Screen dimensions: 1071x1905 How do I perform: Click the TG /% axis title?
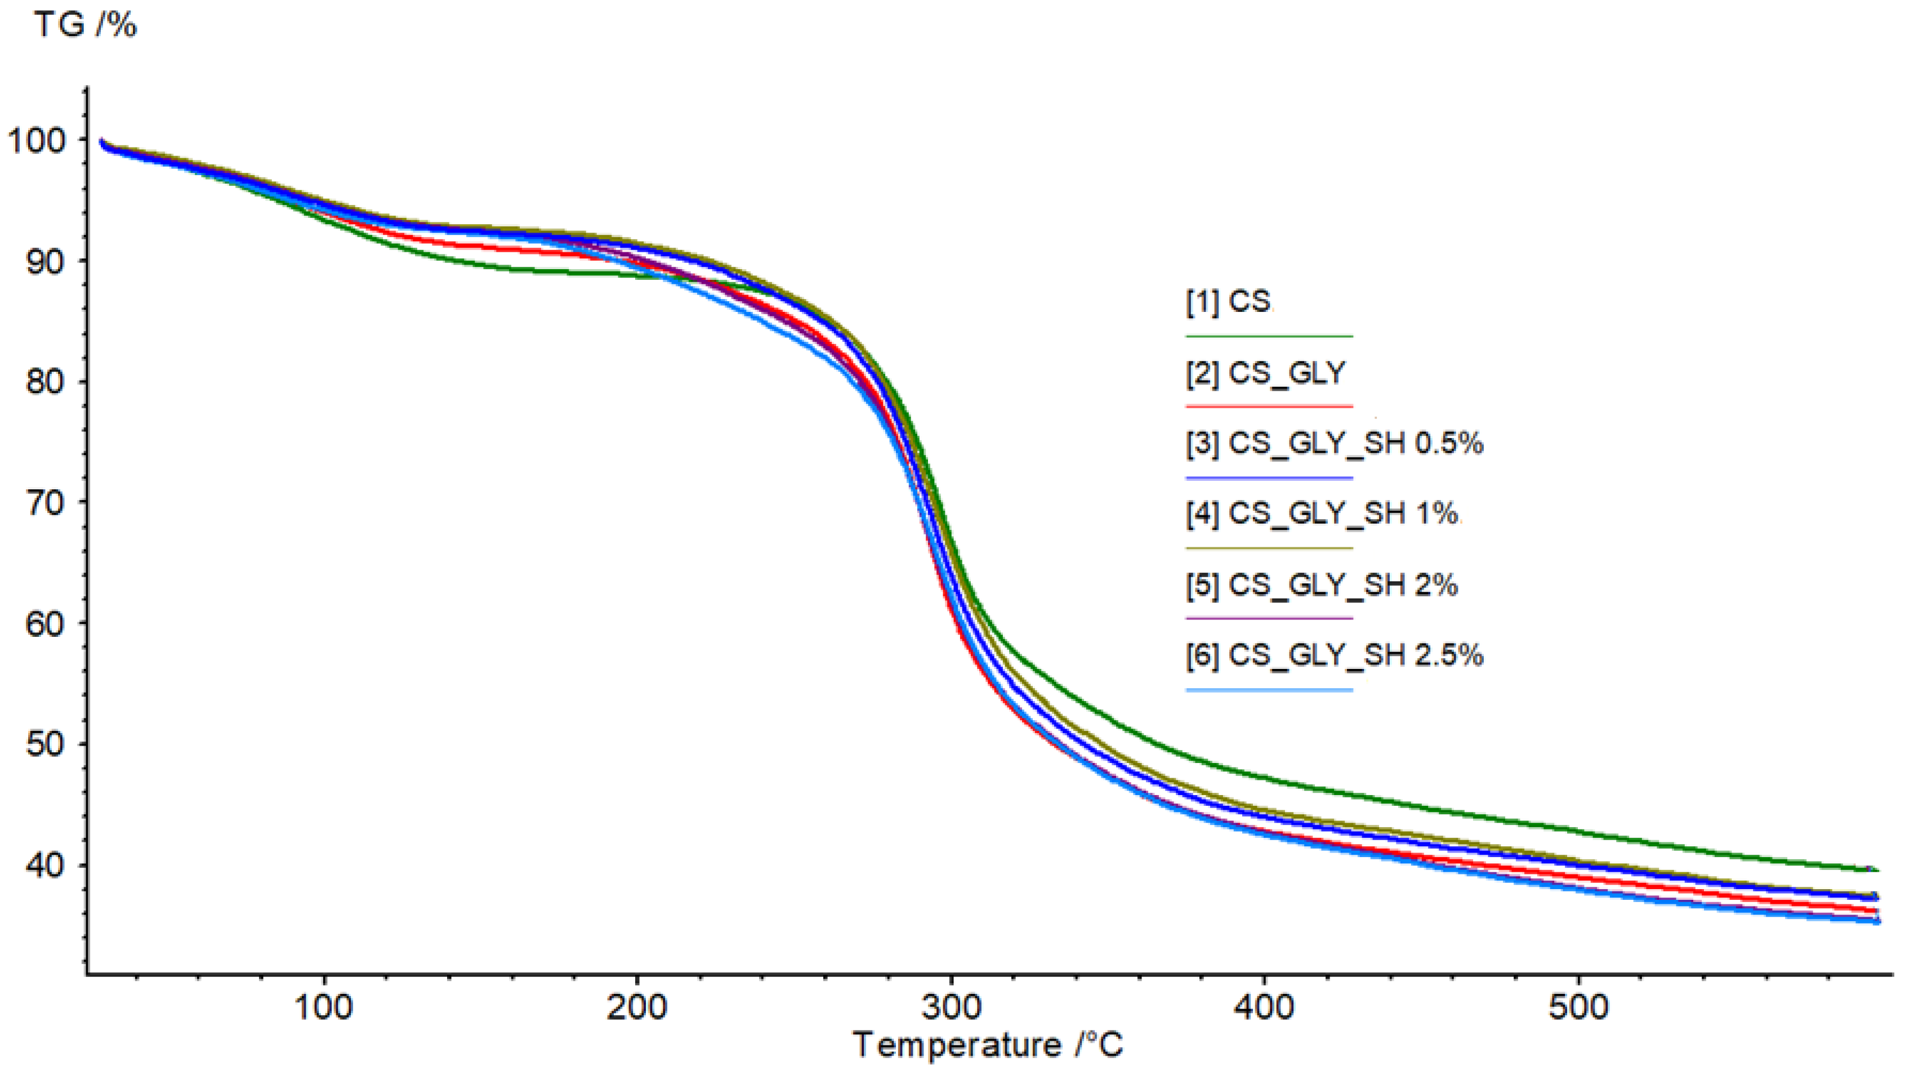click(x=86, y=25)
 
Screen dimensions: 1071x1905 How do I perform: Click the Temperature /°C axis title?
click(x=988, y=1045)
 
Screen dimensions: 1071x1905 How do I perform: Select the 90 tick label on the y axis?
click(x=45, y=261)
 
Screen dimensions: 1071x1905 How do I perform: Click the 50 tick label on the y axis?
click(x=45, y=744)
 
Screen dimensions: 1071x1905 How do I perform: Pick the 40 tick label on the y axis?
click(x=45, y=865)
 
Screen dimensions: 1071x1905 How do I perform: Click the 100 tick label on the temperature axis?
click(x=323, y=1007)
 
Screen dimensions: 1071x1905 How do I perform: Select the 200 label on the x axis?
click(x=637, y=1007)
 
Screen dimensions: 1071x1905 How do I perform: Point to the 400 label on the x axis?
click(x=1265, y=1007)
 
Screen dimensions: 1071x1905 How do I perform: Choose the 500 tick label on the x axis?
click(x=1579, y=1007)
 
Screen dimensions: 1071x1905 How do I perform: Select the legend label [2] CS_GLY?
click(x=1265, y=373)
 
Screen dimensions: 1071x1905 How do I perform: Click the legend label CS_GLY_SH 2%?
click(x=1322, y=585)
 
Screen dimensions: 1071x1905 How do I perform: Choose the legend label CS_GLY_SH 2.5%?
click(x=1335, y=654)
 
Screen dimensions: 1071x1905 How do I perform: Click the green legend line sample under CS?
click(x=1269, y=337)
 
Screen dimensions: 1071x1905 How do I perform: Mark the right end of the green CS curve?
click(x=1876, y=870)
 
